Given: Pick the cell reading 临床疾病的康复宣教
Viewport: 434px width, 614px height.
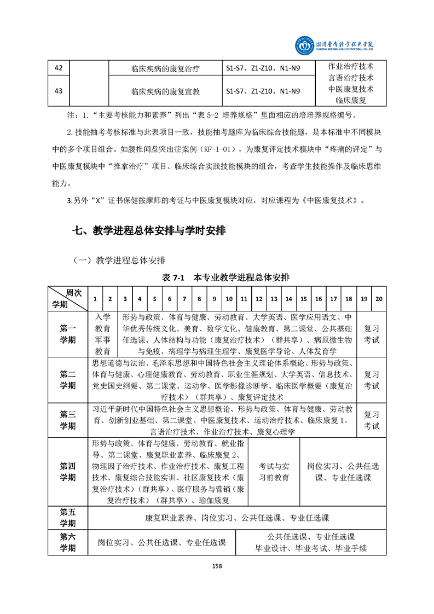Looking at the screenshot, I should click(165, 91).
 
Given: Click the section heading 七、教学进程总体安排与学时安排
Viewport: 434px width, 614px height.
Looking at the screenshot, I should click(149, 231).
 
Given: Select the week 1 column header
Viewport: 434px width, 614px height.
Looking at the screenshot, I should click(95, 299).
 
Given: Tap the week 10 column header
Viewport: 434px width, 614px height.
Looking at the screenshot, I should click(229, 299).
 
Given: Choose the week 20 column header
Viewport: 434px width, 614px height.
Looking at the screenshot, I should click(379, 299).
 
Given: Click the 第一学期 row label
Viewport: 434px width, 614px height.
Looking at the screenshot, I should click(68, 334).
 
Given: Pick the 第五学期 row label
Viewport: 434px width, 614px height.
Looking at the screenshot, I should click(68, 517).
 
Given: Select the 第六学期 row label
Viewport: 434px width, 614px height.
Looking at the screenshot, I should click(68, 542).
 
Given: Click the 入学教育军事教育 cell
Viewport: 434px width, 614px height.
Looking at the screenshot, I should click(103, 334).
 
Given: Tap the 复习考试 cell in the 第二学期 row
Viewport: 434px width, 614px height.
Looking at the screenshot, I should click(372, 380).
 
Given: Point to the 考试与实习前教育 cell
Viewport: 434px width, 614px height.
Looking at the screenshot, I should click(274, 472).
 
